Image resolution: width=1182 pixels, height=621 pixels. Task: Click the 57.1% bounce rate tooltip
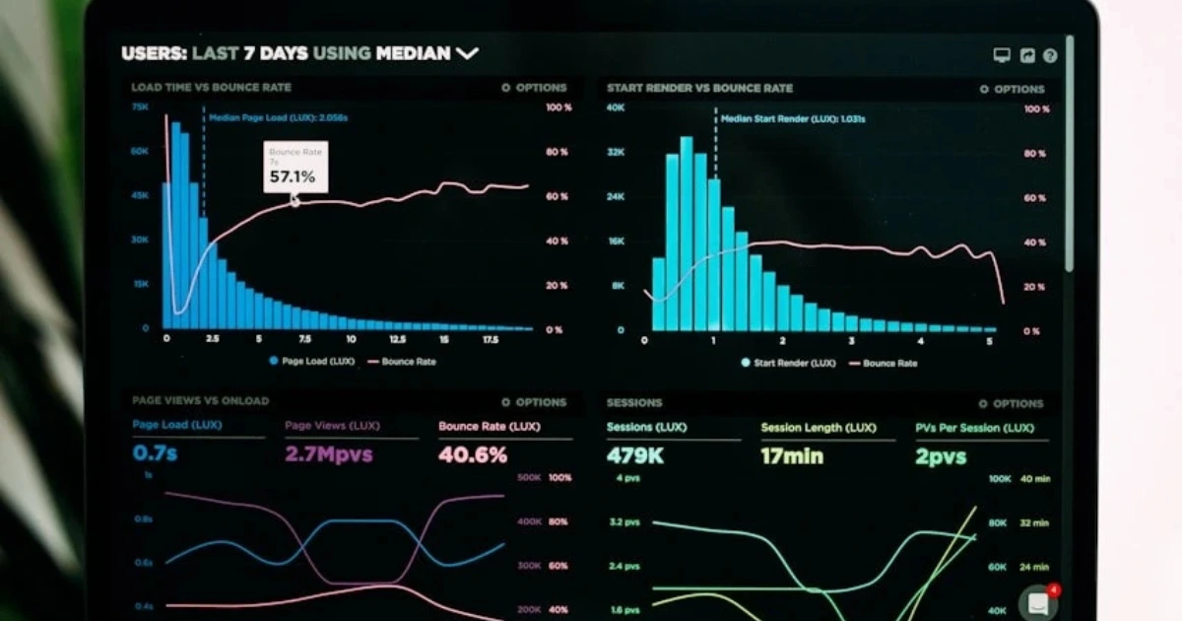tap(295, 169)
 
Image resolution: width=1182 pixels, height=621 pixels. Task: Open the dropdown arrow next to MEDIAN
tap(467, 53)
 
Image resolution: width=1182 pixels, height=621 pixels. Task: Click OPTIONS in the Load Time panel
tap(535, 88)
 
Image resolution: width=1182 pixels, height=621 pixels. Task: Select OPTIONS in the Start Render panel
tap(1013, 89)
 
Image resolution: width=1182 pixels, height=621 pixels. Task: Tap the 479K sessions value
tap(635, 456)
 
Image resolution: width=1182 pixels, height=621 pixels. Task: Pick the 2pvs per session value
tap(941, 456)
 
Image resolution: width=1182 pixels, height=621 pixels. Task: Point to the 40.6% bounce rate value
tap(473, 454)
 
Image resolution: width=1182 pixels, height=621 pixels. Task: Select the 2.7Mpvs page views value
tap(328, 454)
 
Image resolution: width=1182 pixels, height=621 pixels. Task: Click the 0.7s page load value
tap(155, 453)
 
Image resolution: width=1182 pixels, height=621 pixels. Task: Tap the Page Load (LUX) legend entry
tap(311, 362)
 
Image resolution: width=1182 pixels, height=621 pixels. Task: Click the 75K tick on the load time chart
tap(141, 106)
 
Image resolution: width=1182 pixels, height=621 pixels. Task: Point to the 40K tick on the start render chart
tap(615, 107)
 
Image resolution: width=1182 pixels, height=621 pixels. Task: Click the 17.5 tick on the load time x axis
tap(491, 339)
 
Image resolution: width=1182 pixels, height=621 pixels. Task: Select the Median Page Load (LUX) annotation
tap(278, 117)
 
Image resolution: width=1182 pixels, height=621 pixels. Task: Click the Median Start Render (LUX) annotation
tap(793, 118)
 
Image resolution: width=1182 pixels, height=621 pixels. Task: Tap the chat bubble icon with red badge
tap(1038, 602)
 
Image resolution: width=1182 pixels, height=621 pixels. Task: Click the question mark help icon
tap(1050, 56)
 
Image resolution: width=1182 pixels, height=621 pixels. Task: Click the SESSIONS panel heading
tap(633, 402)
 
